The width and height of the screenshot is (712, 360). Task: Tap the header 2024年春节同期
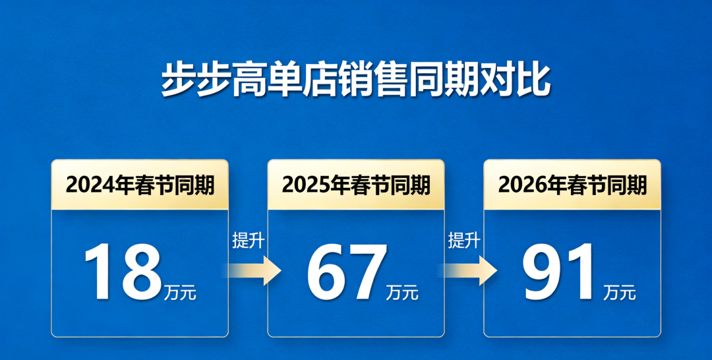(x=140, y=185)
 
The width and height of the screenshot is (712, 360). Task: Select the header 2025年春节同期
(x=356, y=185)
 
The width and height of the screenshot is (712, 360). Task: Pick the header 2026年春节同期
(x=572, y=185)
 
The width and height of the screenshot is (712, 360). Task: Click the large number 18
(x=123, y=272)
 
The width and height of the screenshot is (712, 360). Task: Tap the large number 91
(x=559, y=272)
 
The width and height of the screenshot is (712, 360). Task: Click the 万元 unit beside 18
(x=180, y=293)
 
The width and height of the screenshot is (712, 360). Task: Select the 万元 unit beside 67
(x=402, y=293)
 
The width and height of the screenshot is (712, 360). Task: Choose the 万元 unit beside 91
(x=619, y=293)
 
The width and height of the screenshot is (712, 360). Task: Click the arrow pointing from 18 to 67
(x=254, y=270)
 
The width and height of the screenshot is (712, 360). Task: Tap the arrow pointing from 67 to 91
(x=471, y=270)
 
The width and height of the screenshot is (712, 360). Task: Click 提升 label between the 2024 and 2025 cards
(x=248, y=240)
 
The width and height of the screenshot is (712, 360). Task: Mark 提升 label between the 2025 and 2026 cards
(x=464, y=240)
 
